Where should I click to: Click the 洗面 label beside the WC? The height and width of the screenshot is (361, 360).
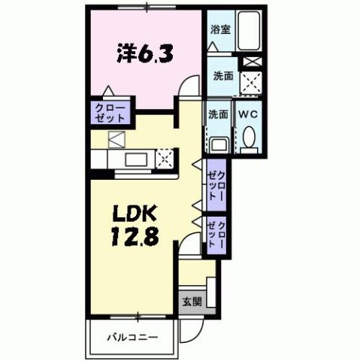click(218, 114)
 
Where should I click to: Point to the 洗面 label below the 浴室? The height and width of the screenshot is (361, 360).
click(222, 76)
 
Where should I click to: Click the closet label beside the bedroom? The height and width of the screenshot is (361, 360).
click(110, 114)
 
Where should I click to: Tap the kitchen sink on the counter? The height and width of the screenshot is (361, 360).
click(136, 159)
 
